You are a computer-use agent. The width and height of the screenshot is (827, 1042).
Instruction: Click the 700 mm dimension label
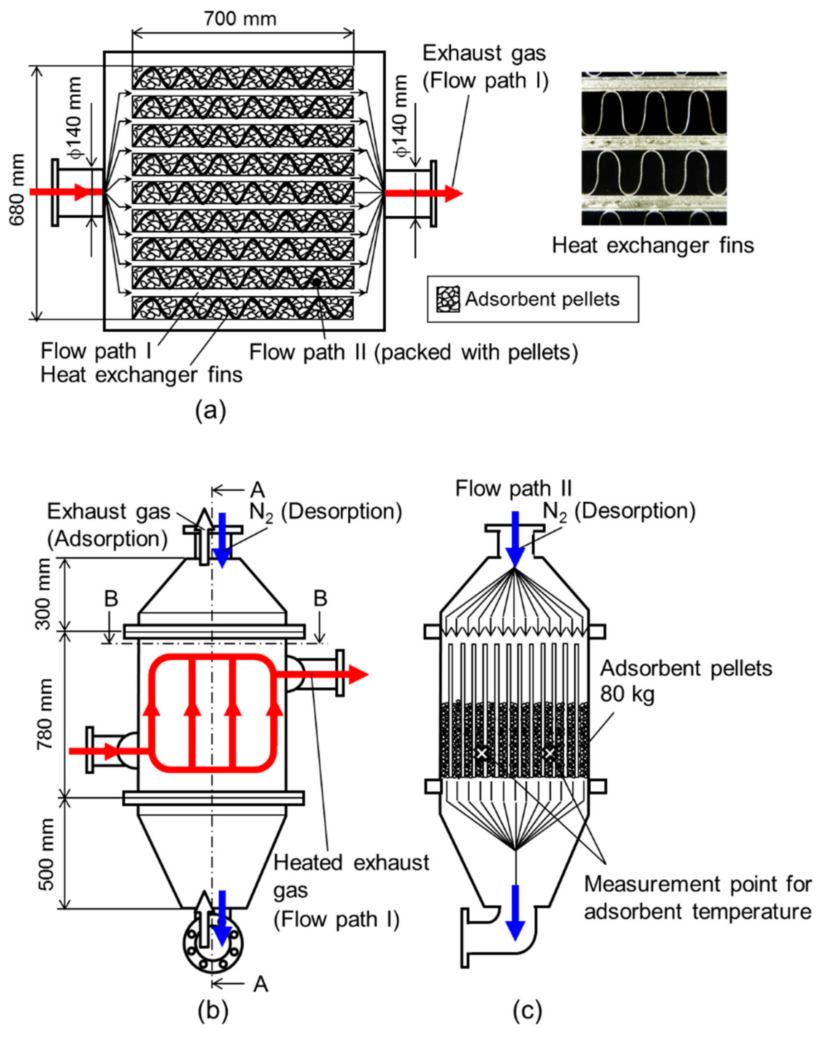[240, 19]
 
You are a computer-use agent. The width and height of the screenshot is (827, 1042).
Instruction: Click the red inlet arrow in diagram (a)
[65, 192]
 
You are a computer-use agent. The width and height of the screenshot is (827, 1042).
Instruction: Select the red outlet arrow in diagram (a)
[422, 193]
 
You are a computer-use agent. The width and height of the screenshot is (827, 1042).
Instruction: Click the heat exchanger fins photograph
[653, 148]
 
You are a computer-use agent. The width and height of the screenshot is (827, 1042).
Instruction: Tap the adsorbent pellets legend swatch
[448, 299]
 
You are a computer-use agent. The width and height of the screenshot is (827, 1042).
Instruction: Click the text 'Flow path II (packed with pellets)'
[413, 352]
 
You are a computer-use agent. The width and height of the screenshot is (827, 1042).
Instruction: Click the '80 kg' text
[627, 695]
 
